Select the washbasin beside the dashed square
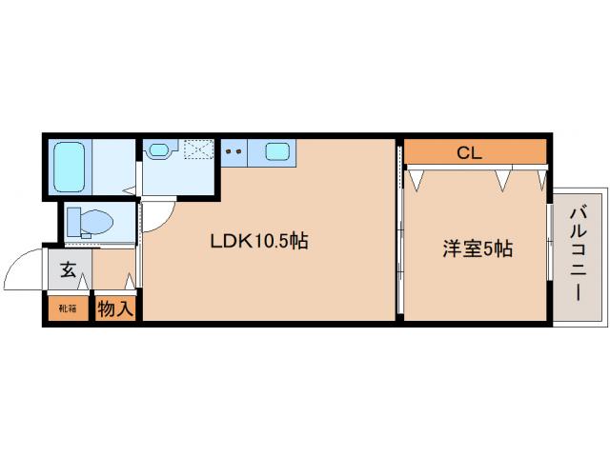click(x=158, y=149)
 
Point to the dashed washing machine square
click(x=197, y=150)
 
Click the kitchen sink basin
click(x=277, y=150)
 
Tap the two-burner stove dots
click(x=234, y=149)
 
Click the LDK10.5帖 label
click(x=258, y=242)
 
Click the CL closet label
click(x=468, y=151)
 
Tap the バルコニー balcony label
click(x=579, y=253)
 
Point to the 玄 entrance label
click(x=69, y=270)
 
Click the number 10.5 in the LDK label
click(x=270, y=242)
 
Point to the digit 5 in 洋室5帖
click(x=488, y=249)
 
